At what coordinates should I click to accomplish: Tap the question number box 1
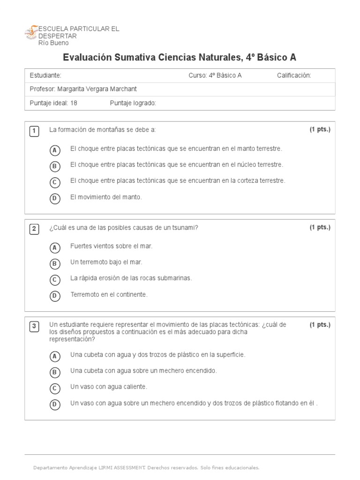click(x=34, y=131)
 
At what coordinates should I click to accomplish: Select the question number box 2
click(x=34, y=229)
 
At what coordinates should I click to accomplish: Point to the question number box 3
click(x=34, y=327)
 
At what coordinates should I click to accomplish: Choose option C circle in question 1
click(x=55, y=182)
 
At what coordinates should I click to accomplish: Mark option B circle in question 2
click(x=55, y=264)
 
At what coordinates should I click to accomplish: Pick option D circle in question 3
click(x=55, y=405)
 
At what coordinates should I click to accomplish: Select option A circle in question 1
click(x=55, y=150)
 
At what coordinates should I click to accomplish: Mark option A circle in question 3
click(x=55, y=356)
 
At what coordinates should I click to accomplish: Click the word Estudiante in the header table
click(x=45, y=75)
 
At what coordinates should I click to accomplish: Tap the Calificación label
click(x=294, y=75)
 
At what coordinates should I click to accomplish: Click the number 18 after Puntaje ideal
click(x=74, y=103)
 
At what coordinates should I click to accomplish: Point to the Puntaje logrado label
click(x=133, y=103)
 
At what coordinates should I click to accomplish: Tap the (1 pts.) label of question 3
click(x=320, y=324)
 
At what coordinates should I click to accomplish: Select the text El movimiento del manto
click(x=106, y=197)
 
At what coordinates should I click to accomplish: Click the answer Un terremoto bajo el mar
click(x=106, y=262)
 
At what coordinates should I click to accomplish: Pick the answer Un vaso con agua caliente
click(x=109, y=387)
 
